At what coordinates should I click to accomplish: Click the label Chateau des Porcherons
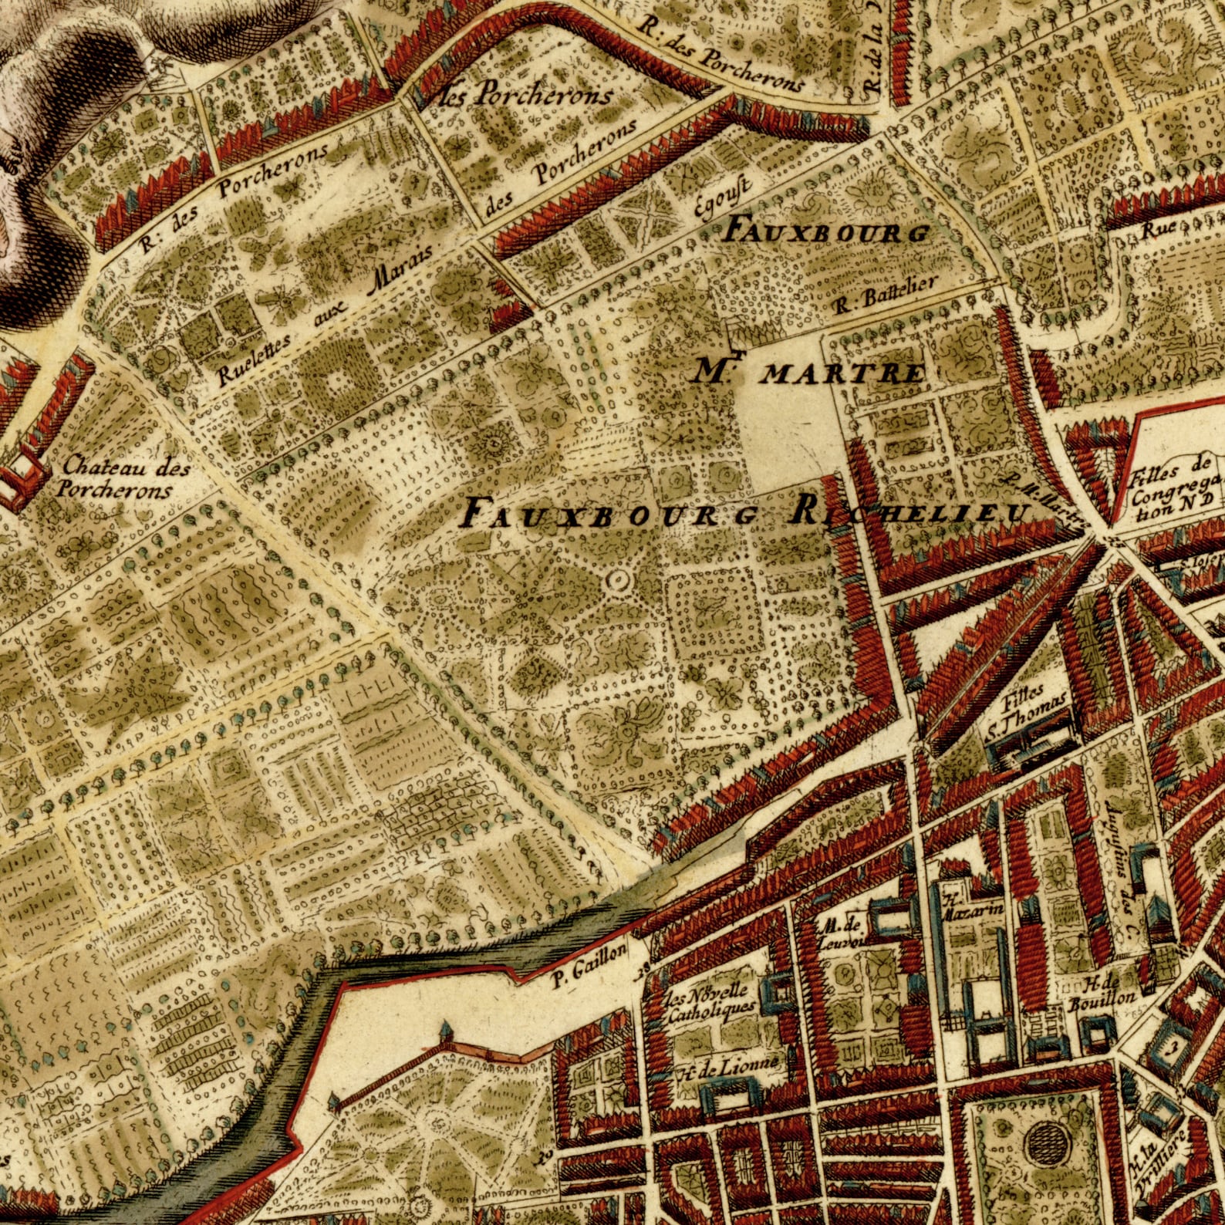point(116,478)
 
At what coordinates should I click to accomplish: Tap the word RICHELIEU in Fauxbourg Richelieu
point(910,513)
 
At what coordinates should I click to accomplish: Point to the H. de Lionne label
point(729,1068)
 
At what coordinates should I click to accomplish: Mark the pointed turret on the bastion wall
point(446,1029)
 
